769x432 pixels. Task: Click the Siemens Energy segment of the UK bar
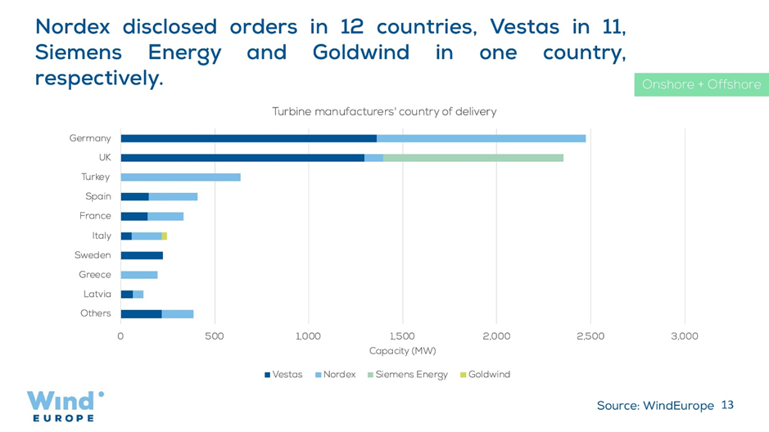click(473, 157)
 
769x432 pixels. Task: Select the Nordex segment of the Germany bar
click(481, 138)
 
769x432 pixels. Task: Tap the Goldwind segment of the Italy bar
click(164, 236)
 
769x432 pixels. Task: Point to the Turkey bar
click(180, 177)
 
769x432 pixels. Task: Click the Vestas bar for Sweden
click(142, 255)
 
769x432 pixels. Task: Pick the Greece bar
click(139, 275)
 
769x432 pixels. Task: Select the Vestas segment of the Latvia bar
click(127, 295)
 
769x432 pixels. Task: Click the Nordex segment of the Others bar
click(177, 313)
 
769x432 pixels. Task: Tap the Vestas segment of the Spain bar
click(134, 196)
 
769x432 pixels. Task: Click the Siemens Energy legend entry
click(410, 375)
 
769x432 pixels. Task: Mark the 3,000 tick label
click(684, 336)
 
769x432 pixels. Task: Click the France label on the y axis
click(95, 216)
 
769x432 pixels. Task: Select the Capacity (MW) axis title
click(402, 351)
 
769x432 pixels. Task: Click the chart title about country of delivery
click(384, 111)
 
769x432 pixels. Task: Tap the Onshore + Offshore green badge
click(701, 84)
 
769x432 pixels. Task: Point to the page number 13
click(727, 405)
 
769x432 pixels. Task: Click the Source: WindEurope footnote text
click(655, 406)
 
